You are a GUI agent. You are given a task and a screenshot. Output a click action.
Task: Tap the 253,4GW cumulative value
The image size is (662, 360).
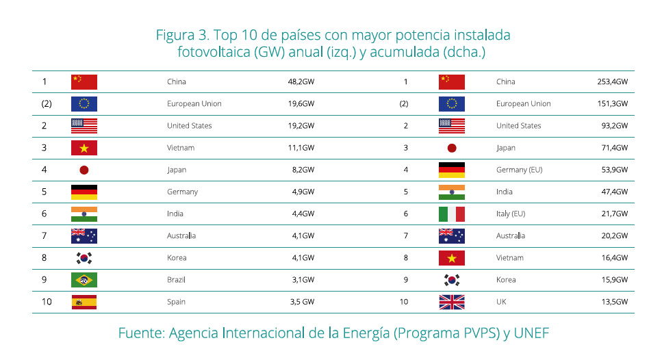[612, 82]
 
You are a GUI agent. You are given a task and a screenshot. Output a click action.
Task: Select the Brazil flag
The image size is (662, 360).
[84, 280]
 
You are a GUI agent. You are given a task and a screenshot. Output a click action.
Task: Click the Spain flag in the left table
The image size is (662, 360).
[84, 302]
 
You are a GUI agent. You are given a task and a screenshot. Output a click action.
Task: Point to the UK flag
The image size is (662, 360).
[452, 302]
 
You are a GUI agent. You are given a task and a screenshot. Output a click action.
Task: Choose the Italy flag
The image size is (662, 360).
[452, 214]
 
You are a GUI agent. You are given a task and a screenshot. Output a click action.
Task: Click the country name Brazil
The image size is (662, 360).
[176, 280]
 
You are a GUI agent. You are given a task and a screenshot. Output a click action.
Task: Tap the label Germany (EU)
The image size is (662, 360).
[519, 170]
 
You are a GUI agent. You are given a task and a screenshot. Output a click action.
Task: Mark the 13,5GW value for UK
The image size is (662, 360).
[613, 302]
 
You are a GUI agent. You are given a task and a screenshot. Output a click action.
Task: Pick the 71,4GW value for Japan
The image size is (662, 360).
[613, 148]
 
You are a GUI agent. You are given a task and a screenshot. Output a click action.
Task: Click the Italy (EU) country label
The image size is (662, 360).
[511, 214]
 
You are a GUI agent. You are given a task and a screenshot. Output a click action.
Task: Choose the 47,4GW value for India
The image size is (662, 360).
[613, 192]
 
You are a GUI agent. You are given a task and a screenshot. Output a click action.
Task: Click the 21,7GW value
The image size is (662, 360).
[613, 214]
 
